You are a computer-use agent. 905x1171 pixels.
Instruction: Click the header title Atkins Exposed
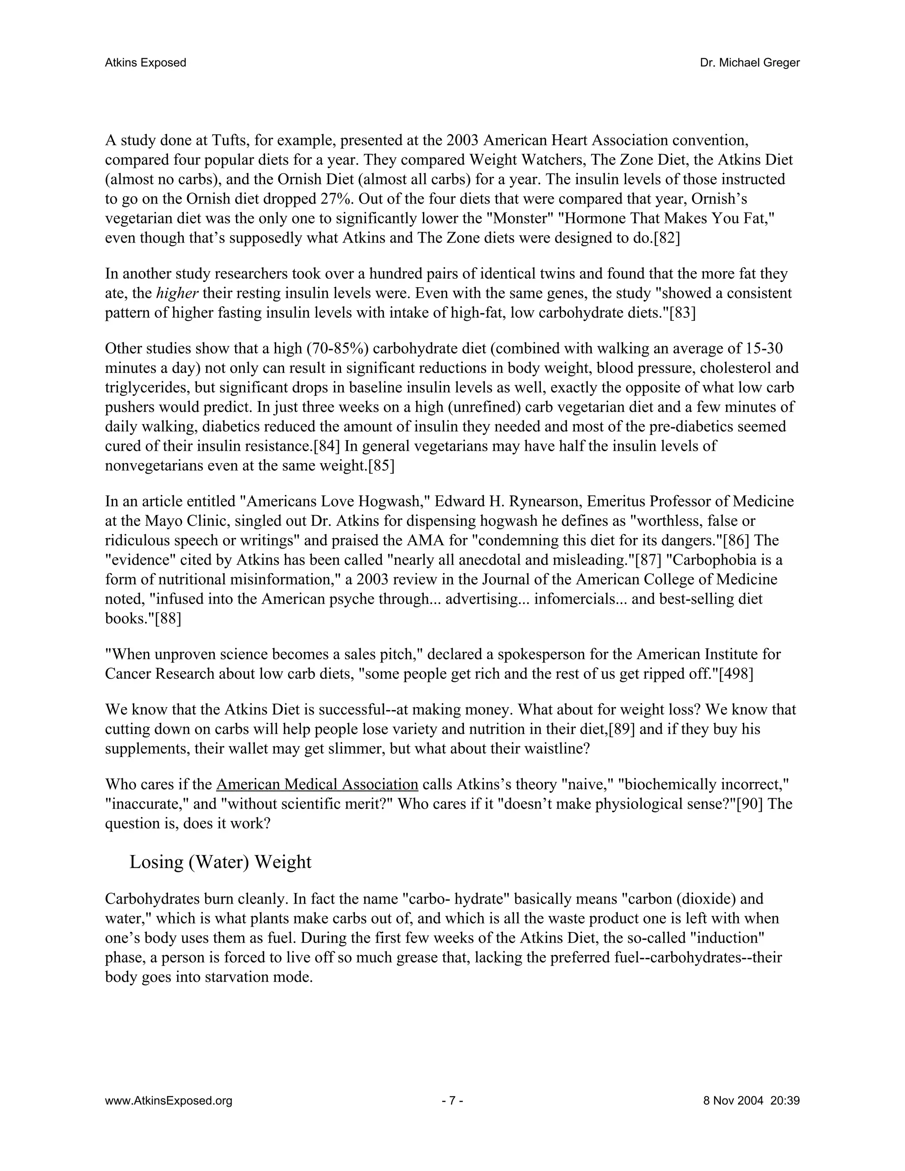(x=145, y=63)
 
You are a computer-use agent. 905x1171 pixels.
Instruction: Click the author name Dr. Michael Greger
(x=749, y=63)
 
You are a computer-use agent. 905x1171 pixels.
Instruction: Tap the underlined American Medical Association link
(x=317, y=784)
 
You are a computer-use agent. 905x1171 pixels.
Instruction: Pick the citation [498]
(x=736, y=673)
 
